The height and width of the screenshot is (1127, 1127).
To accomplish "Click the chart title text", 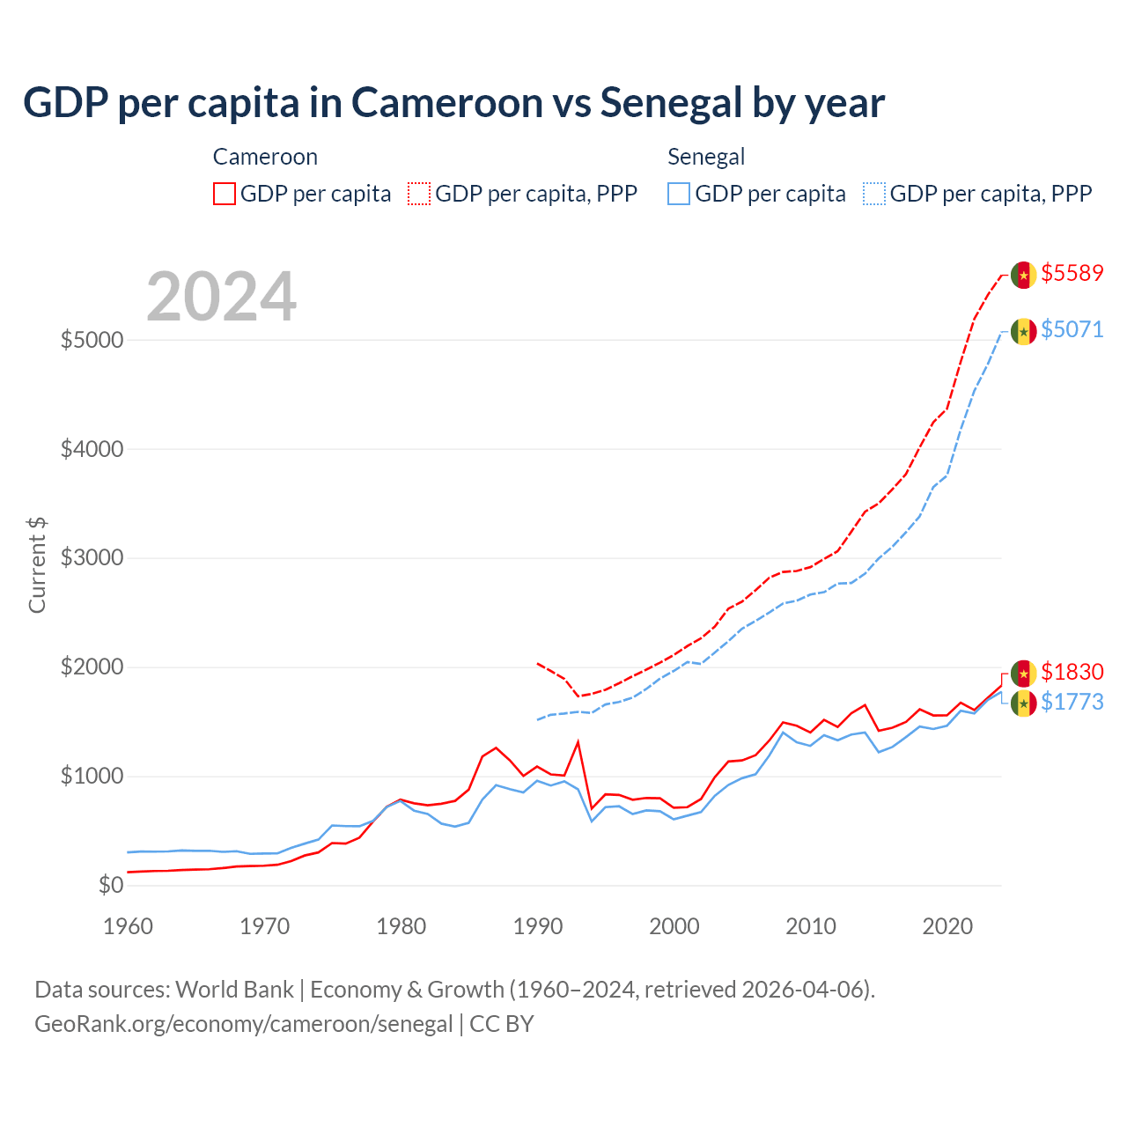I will [x=453, y=103].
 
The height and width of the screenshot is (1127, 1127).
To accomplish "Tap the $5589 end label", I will [x=1072, y=273].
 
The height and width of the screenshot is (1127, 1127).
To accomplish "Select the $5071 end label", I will [x=1072, y=329].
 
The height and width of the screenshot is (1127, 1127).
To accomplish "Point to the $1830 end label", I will [x=1072, y=672].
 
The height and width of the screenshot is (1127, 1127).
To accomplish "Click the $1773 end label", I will [x=1072, y=702].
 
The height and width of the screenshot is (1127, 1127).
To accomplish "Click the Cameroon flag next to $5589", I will [x=1023, y=275].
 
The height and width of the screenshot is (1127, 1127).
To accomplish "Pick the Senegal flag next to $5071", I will [x=1023, y=331].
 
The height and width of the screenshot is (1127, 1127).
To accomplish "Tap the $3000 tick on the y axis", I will [x=92, y=558].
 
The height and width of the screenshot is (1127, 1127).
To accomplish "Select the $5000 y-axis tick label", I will [x=92, y=340].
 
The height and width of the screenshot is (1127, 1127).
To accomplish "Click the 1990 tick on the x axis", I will [x=538, y=926].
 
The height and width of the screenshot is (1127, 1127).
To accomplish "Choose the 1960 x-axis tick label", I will [x=129, y=926].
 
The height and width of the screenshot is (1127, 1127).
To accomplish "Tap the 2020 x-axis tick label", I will [x=947, y=926].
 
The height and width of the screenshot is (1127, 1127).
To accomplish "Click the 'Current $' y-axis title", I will [x=37, y=565].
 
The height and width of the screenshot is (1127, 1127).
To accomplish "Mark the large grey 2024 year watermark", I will [x=221, y=297].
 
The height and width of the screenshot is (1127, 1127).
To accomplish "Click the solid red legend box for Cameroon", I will [x=225, y=194].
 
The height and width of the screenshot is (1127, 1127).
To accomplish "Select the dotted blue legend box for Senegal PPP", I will [x=874, y=194].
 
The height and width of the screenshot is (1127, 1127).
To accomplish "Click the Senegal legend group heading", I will [x=706, y=157].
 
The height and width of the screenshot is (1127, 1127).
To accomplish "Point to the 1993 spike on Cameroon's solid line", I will [x=578, y=741].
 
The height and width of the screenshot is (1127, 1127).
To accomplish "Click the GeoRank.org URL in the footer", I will [x=243, y=1024].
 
